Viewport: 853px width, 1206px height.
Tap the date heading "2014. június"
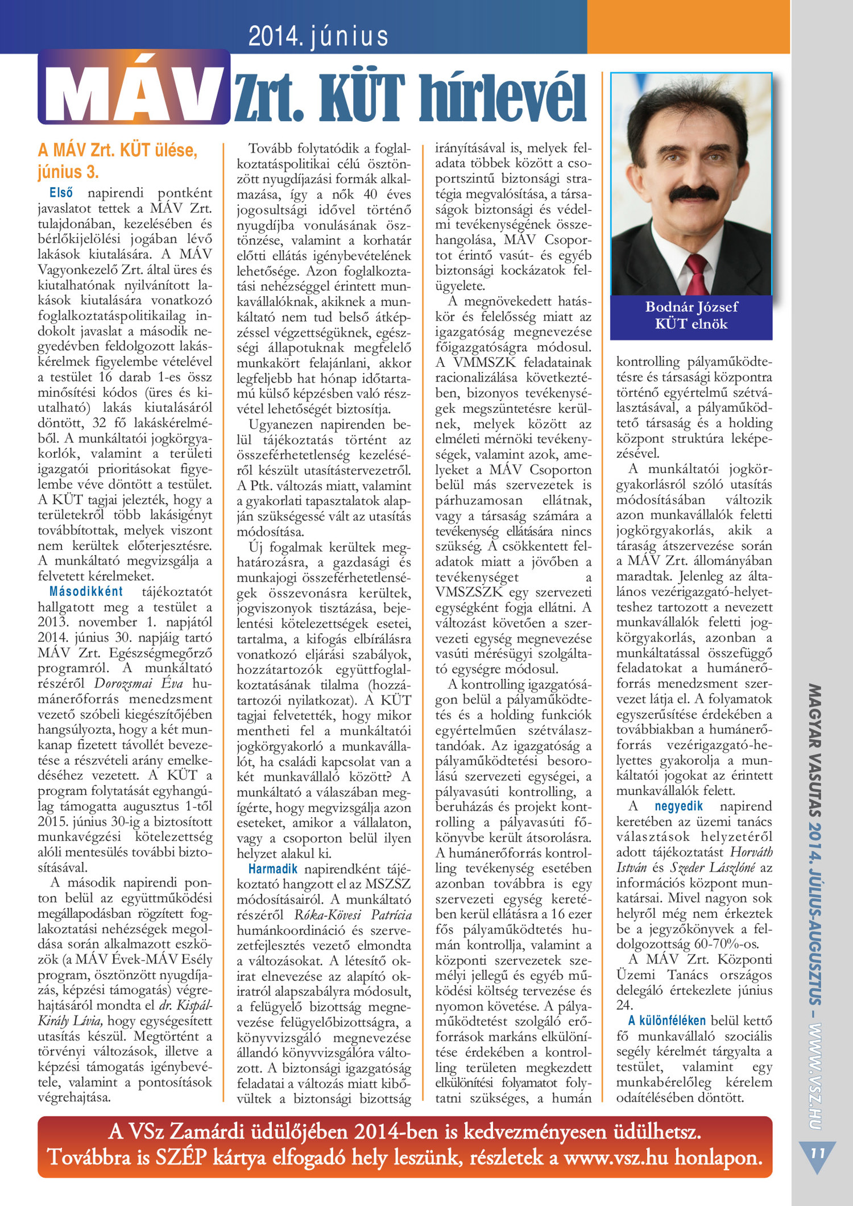tap(318, 36)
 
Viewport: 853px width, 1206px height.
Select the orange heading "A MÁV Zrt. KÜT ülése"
tap(118, 151)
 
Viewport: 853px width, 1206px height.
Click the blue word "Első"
tap(61, 193)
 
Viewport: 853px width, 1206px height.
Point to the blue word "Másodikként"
tap(86, 591)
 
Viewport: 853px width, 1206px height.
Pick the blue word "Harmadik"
tap(273, 869)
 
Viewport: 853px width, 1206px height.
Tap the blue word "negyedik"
tap(678, 806)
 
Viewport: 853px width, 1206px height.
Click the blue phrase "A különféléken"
tap(667, 1021)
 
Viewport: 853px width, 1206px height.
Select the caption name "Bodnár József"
tap(691, 307)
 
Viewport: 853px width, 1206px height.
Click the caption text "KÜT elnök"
tap(691, 324)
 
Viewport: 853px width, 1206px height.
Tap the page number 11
tap(817, 1153)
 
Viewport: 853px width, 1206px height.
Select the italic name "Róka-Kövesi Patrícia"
tap(353, 915)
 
